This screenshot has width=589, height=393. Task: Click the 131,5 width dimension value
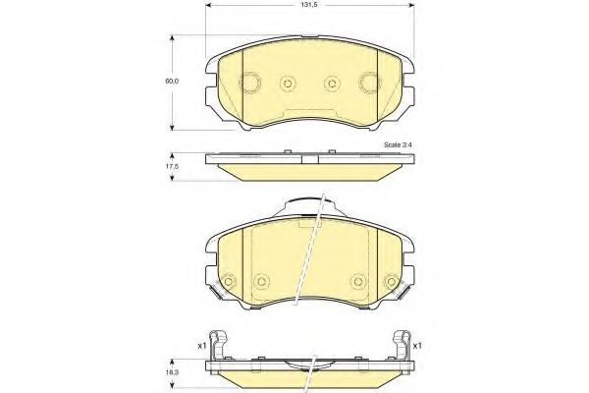click(x=309, y=5)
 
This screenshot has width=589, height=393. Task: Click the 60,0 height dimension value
click(x=173, y=81)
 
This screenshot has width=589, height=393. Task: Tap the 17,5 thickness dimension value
click(x=173, y=166)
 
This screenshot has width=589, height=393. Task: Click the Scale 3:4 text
click(x=398, y=144)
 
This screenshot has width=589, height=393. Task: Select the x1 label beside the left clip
click(x=201, y=345)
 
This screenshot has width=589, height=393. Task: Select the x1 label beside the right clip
click(x=417, y=345)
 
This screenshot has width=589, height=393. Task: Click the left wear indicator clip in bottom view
click(x=219, y=345)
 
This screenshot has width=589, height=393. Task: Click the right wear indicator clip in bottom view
click(x=402, y=345)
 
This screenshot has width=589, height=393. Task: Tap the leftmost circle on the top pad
click(x=249, y=83)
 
